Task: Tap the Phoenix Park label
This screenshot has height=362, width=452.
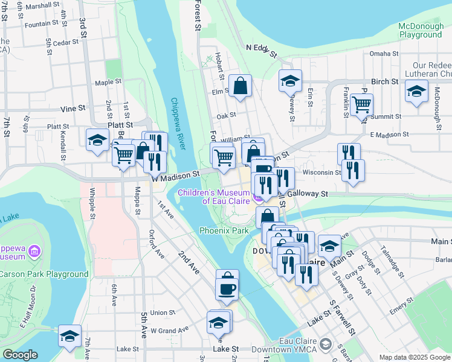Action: point(224,230)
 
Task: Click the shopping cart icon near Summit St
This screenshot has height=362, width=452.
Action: point(361,104)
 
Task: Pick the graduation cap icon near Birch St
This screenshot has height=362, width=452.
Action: point(416,91)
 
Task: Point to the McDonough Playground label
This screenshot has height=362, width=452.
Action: point(420,30)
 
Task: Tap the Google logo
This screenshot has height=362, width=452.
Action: point(20,355)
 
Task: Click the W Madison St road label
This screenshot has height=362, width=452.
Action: point(175,176)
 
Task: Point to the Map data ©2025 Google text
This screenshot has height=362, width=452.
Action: point(415,357)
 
